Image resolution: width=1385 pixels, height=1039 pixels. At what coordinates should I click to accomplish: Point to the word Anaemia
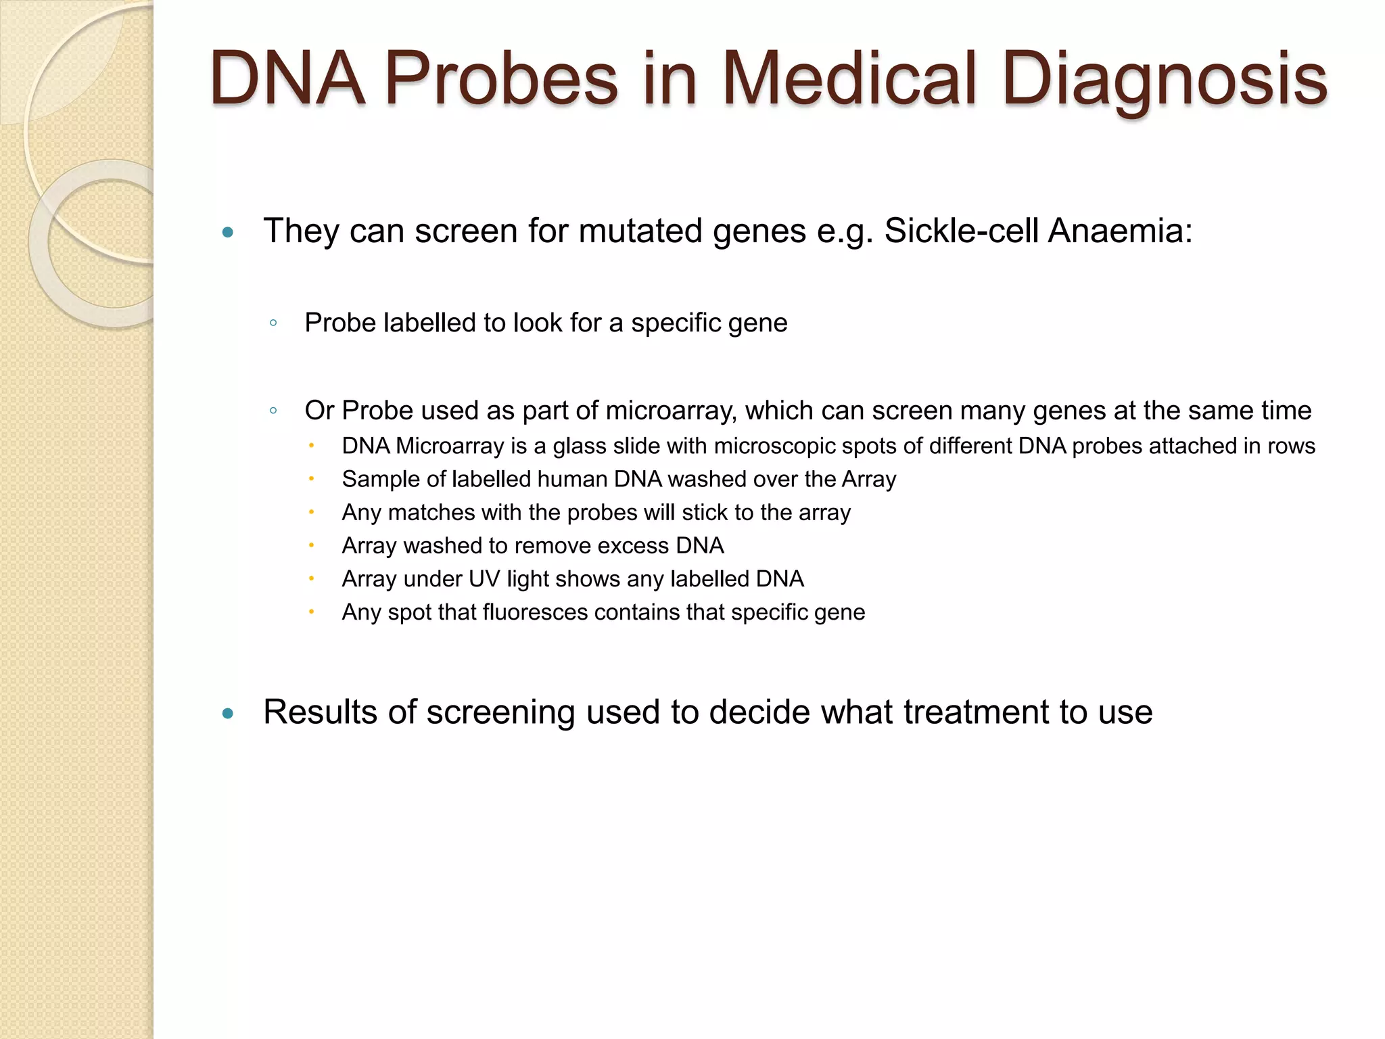[1120, 231]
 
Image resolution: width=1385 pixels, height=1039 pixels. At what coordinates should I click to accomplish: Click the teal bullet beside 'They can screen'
[228, 233]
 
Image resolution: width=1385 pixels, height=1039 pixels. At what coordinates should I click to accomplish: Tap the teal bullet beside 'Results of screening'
[228, 714]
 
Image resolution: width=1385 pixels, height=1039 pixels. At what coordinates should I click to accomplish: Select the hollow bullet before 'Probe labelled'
[273, 323]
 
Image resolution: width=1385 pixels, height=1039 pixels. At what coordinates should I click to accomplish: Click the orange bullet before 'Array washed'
[311, 545]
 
